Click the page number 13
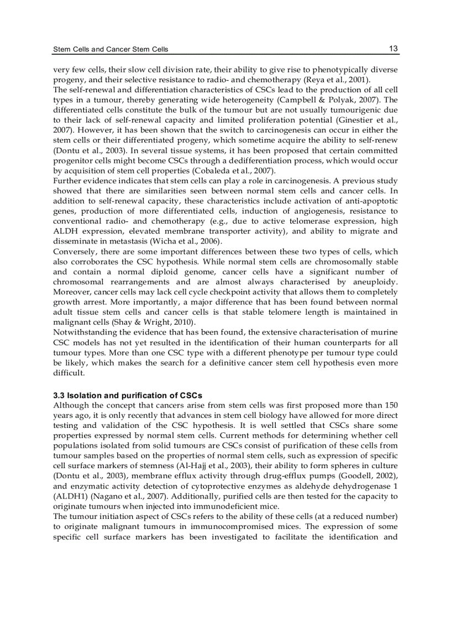pyautogui.click(x=393, y=49)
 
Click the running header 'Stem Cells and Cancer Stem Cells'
pyautogui.click(x=111, y=50)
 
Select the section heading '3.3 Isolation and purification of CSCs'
pyautogui.click(x=128, y=395)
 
